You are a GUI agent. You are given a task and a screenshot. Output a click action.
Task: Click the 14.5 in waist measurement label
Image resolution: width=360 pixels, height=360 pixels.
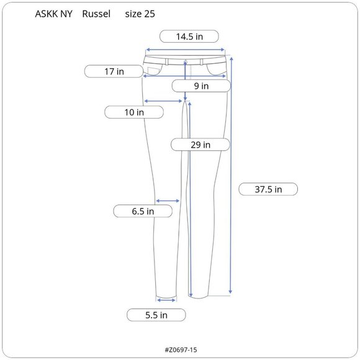tap(189, 37)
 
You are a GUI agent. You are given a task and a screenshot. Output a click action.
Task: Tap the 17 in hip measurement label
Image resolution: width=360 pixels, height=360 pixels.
tap(114, 71)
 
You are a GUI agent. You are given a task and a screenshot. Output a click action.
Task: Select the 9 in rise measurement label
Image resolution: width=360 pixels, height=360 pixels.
tap(201, 86)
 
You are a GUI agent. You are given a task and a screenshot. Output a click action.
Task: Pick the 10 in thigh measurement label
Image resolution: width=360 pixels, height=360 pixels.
tap(134, 112)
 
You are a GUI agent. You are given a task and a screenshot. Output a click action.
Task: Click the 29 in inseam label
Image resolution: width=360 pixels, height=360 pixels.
tap(200, 145)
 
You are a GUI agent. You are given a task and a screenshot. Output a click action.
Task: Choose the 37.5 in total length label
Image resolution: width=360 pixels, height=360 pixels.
tap(268, 189)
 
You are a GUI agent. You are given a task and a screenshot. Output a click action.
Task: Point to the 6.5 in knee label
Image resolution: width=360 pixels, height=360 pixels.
tap(143, 211)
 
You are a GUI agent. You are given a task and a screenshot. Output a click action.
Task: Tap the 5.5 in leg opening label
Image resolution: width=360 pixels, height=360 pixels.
tap(156, 315)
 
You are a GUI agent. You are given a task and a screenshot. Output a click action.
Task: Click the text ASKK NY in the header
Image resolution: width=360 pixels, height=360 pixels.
tap(53, 14)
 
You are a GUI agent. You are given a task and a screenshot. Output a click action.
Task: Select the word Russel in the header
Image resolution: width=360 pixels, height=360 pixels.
tap(96, 14)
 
